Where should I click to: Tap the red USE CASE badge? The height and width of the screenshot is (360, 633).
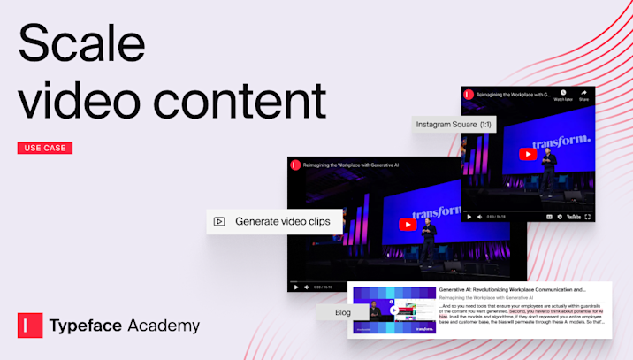tap(45, 148)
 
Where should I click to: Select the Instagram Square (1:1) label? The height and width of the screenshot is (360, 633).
tap(454, 125)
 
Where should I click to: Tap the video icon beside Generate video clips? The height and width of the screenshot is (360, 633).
tap(220, 222)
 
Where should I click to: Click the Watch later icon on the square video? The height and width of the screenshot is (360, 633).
tap(562, 95)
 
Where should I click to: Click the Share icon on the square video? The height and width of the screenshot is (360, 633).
tap(584, 95)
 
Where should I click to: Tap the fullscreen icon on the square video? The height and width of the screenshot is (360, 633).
tap(589, 217)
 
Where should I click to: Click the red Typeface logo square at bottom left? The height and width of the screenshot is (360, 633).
tap(30, 326)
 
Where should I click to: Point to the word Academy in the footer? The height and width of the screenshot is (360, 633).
tap(163, 326)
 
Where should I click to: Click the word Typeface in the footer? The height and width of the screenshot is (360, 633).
tap(87, 326)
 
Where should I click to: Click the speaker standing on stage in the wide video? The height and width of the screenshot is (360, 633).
tap(430, 239)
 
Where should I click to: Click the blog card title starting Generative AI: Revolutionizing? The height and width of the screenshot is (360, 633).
tap(513, 289)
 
